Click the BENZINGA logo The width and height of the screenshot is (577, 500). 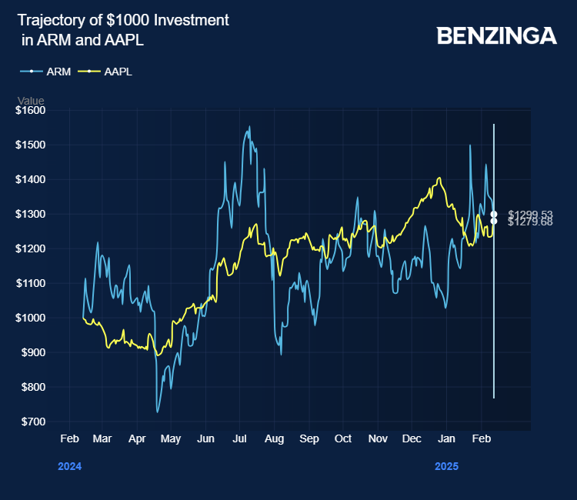coord(496,35)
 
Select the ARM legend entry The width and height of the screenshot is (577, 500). coord(58,72)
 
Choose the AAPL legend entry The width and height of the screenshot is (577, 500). coord(118,72)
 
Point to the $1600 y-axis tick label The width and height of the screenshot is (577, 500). coord(31,110)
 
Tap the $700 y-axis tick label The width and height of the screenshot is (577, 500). coord(32,422)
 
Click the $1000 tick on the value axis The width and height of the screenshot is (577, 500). coord(31,318)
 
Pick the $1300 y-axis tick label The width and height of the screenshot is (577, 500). coord(31,214)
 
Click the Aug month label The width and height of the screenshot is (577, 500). coord(274,438)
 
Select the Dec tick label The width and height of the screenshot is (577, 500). coord(412,438)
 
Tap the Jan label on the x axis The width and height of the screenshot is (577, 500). coord(446,438)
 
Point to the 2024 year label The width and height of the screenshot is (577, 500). coord(69,466)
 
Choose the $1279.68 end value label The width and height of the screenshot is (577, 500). coord(530,222)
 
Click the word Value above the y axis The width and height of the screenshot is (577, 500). coord(31,101)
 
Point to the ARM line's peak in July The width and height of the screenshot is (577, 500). coord(249,127)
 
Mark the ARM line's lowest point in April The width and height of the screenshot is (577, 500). coord(158,412)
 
